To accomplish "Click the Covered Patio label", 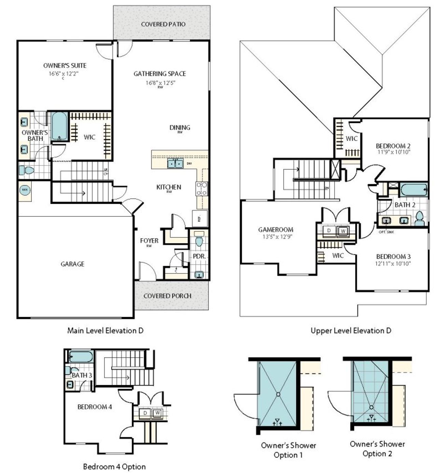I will coord(163,24).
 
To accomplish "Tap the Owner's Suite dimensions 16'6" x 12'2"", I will coord(65,73).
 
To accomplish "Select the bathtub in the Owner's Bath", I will coord(59,126).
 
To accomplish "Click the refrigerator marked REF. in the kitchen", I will coord(200,218).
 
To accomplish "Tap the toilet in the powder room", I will coord(199,241).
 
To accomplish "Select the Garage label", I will coord(72,264).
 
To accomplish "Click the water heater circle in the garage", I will coord(25,189).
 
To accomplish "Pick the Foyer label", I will coord(149,241).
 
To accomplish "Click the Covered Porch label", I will coord(167,296).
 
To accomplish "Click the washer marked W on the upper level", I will coord(343,231).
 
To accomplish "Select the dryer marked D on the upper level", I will coord(329,231).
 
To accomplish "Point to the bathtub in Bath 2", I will coord(413,189).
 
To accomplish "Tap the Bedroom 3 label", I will coord(393,256).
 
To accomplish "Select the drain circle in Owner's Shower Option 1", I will coord(278,394).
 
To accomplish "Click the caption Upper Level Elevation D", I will coord(351,330).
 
